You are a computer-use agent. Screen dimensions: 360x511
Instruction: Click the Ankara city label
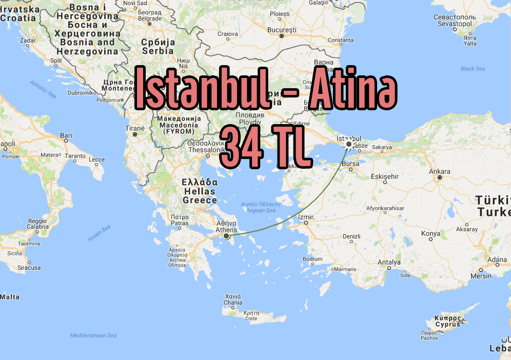[x=439, y=172]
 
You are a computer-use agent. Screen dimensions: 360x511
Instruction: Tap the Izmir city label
[x=306, y=217]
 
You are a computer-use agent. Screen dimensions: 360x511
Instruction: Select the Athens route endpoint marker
[x=226, y=236]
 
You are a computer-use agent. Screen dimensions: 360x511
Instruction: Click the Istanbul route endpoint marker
[x=349, y=145]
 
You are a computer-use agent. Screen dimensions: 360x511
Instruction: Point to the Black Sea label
[x=472, y=69]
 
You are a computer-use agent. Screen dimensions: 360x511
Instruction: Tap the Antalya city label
[x=388, y=263]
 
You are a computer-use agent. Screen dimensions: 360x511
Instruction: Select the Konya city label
[x=430, y=233]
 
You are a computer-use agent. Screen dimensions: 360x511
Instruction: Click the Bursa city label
[x=350, y=164]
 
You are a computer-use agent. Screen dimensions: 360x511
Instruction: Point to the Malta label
[x=10, y=297]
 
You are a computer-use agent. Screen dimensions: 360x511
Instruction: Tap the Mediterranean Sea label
[x=93, y=335]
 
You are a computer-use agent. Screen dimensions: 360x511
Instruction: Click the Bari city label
[x=66, y=135]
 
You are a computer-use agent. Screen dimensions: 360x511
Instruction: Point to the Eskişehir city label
[x=385, y=176]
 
